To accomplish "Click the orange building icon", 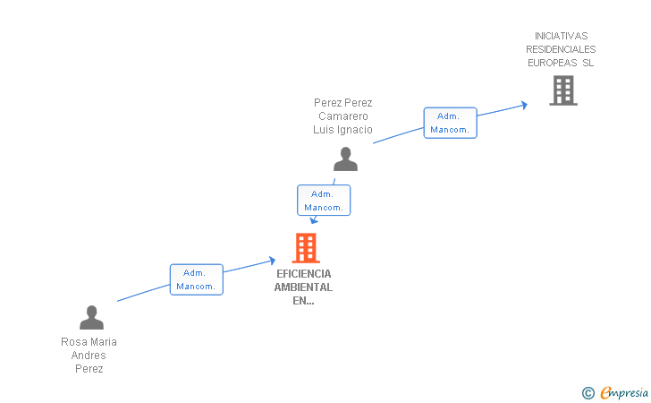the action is pos(306,248).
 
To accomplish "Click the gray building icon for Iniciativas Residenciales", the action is pos(563,90).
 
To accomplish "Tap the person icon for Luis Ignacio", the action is pos(345,159).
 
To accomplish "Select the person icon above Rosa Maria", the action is pos(92,317).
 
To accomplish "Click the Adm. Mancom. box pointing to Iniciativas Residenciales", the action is pos(450,123).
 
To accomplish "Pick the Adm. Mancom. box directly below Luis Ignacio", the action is pos(324,200).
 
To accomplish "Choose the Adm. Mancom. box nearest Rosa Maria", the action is pos(197,279).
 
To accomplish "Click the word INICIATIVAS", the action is pos(561,36).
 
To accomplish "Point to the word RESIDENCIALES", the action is pos(561,49).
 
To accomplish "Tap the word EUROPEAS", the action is pos(553,63).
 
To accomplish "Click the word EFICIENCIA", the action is pos(304,274).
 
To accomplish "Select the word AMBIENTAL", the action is pos(303,287).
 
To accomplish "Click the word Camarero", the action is pos(343,116).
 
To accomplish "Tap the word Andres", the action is pos(89,356).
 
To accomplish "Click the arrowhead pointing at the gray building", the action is pos(524,105).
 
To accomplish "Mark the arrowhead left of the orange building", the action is pos(273,261).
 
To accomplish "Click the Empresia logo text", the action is pos(624,392).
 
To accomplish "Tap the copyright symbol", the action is pos(588,393).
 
